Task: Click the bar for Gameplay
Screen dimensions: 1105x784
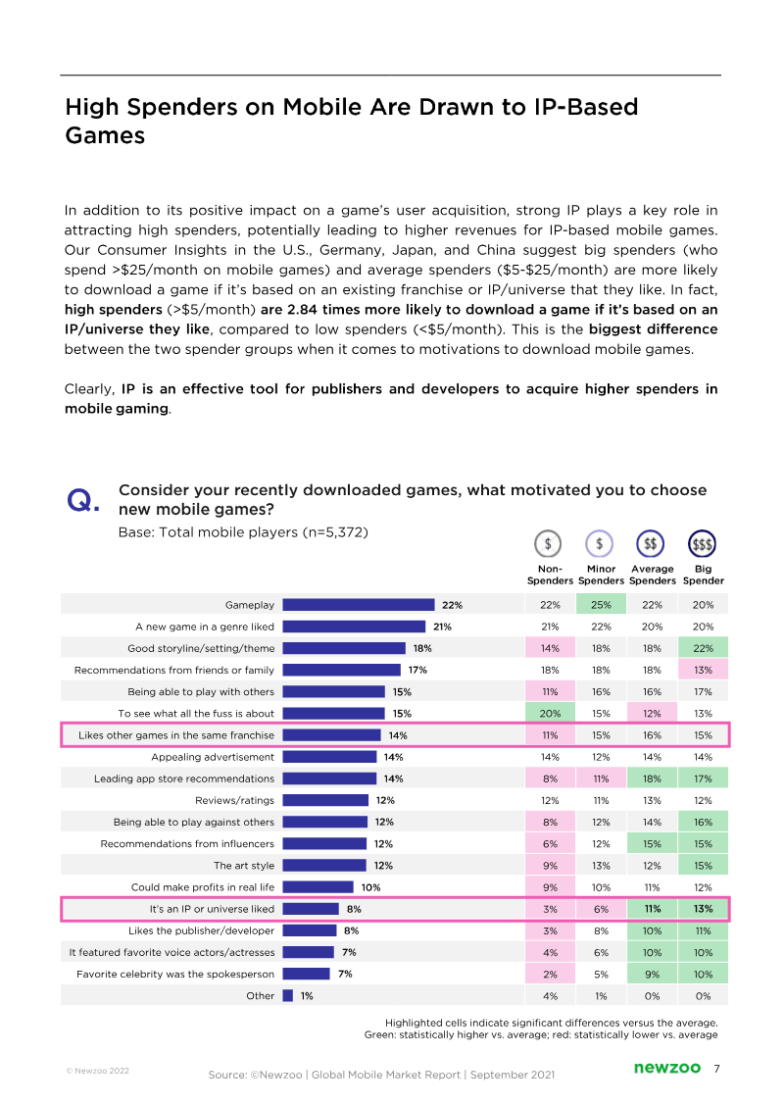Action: coord(358,605)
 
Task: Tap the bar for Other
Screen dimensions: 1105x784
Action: coord(287,995)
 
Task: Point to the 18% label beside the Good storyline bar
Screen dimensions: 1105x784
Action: coord(422,648)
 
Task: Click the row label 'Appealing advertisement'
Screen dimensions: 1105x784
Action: coord(213,757)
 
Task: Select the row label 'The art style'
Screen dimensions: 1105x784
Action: coord(244,866)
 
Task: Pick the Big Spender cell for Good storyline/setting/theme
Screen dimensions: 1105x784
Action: coord(703,648)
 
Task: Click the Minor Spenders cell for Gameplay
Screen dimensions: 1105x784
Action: coord(601,605)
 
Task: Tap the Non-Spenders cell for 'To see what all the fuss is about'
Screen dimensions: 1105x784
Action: coord(550,714)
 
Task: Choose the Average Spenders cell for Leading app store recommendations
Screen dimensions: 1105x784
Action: coord(652,779)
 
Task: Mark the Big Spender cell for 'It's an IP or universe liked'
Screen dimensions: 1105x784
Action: coord(703,909)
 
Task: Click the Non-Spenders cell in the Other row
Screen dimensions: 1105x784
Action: coord(550,995)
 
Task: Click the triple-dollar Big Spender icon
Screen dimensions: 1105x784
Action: coord(703,543)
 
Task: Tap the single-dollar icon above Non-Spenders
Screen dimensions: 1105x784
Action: coord(549,543)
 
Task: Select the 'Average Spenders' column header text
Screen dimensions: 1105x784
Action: coord(652,575)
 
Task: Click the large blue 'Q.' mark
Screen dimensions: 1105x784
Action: coord(83,502)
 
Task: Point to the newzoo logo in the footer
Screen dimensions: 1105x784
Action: coord(664,1068)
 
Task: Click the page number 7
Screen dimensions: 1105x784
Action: coord(716,1068)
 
